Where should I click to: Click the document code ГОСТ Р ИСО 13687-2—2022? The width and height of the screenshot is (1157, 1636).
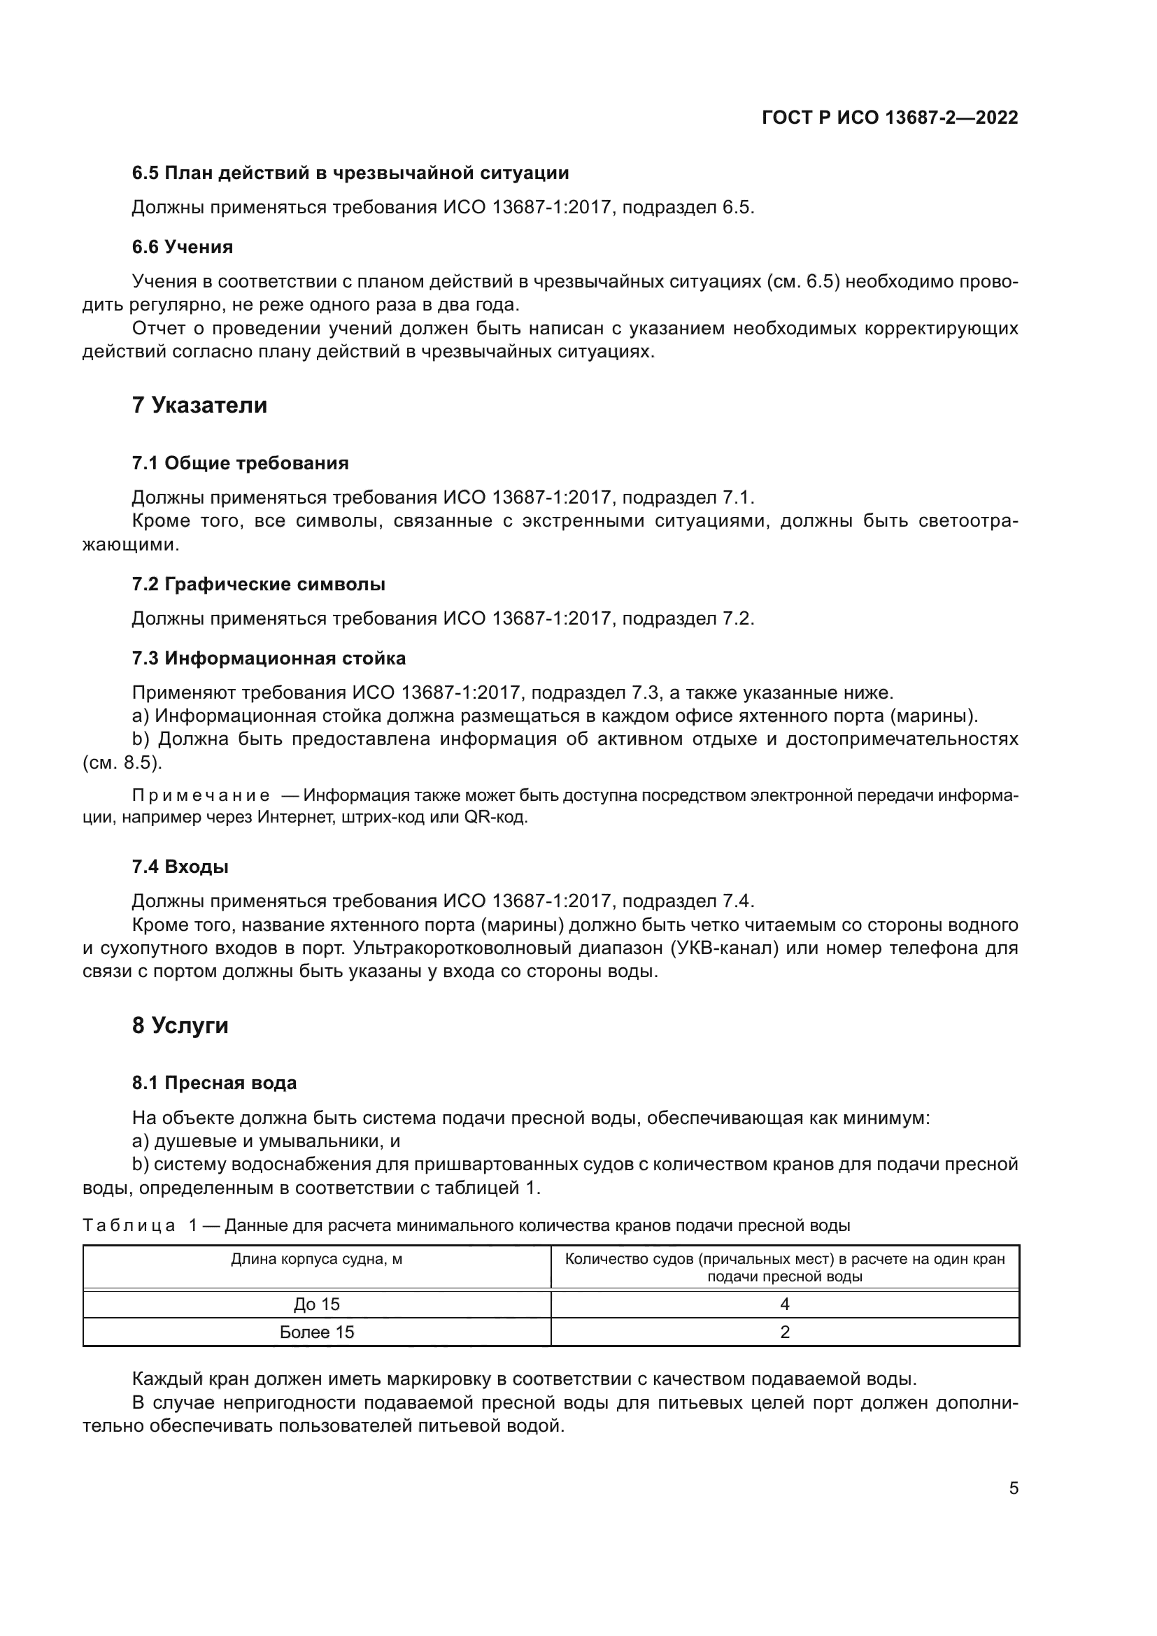tap(889, 118)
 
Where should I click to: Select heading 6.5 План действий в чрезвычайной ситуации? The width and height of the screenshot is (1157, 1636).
tap(350, 173)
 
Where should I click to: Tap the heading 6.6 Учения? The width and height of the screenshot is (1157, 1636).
tap(183, 247)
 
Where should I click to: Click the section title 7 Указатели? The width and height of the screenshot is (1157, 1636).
tap(199, 406)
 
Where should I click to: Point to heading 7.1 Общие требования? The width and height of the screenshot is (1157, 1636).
tap(240, 464)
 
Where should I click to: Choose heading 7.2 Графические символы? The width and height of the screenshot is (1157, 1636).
tap(259, 584)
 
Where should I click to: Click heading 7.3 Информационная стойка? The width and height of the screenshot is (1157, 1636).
tap(269, 658)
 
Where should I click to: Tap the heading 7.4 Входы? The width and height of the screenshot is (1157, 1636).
tap(180, 867)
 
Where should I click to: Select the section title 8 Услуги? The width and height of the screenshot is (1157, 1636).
tap(180, 1025)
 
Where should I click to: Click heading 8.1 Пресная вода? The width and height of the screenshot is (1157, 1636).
tap(214, 1083)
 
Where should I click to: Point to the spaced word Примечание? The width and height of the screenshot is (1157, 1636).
tap(201, 795)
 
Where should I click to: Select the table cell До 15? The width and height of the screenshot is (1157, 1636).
tap(316, 1304)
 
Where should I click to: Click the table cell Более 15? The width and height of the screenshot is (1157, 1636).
tap(316, 1332)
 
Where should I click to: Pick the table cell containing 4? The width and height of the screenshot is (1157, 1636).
tap(784, 1304)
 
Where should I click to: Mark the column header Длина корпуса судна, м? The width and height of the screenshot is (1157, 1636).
tap(316, 1259)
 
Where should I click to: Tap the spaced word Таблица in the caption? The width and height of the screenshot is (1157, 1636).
tap(129, 1225)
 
